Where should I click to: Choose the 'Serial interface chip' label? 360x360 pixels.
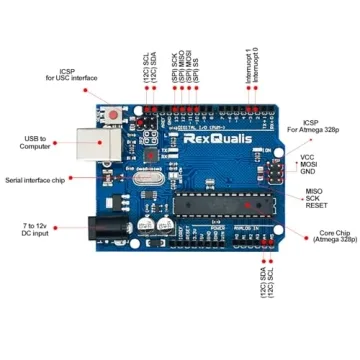click(34, 180)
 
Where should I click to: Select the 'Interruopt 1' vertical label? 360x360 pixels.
click(247, 65)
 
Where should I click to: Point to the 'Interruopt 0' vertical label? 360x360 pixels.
click(255, 65)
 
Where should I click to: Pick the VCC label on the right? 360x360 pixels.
click(306, 157)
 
